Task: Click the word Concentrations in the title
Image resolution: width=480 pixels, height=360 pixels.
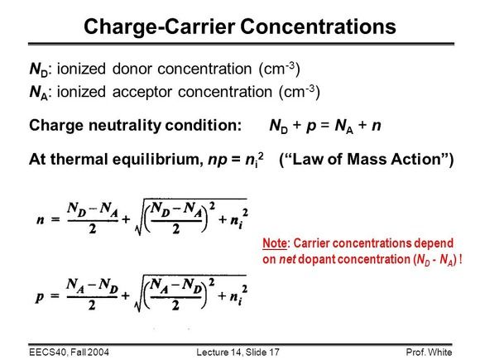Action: (318, 26)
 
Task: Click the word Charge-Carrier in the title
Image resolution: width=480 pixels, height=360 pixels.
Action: (160, 27)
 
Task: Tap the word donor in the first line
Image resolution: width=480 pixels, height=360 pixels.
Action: (132, 68)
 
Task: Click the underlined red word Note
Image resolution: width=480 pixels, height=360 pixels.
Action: (275, 243)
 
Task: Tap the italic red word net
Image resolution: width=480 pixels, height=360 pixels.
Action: (287, 260)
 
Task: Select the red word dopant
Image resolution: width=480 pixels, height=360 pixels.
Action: (317, 260)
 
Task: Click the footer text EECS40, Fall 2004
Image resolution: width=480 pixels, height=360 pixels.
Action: (69, 353)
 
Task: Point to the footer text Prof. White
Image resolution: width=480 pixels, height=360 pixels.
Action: (429, 353)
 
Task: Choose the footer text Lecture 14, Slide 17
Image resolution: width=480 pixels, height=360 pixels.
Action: (238, 353)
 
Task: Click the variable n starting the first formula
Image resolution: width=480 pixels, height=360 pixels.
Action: (41, 220)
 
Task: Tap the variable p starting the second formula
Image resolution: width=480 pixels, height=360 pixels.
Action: (40, 297)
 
